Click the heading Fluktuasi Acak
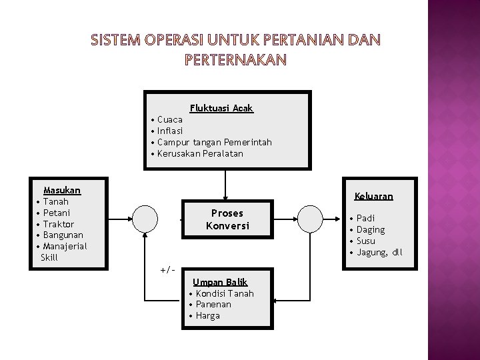pyautogui.click(x=221, y=108)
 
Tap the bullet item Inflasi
pyautogui.click(x=169, y=131)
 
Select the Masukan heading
pyautogui.click(x=61, y=190)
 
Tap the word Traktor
pyautogui.click(x=58, y=224)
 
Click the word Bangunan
pyautogui.click(x=63, y=235)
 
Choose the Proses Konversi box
pyautogui.click(x=227, y=219)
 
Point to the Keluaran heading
pyautogui.click(x=374, y=197)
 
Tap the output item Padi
pyautogui.click(x=365, y=218)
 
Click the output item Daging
pyautogui.click(x=371, y=229)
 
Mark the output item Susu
pyautogui.click(x=366, y=241)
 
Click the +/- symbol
pyautogui.click(x=167, y=269)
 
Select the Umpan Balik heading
pyautogui.click(x=220, y=282)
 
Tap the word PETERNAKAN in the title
pyautogui.click(x=234, y=60)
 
